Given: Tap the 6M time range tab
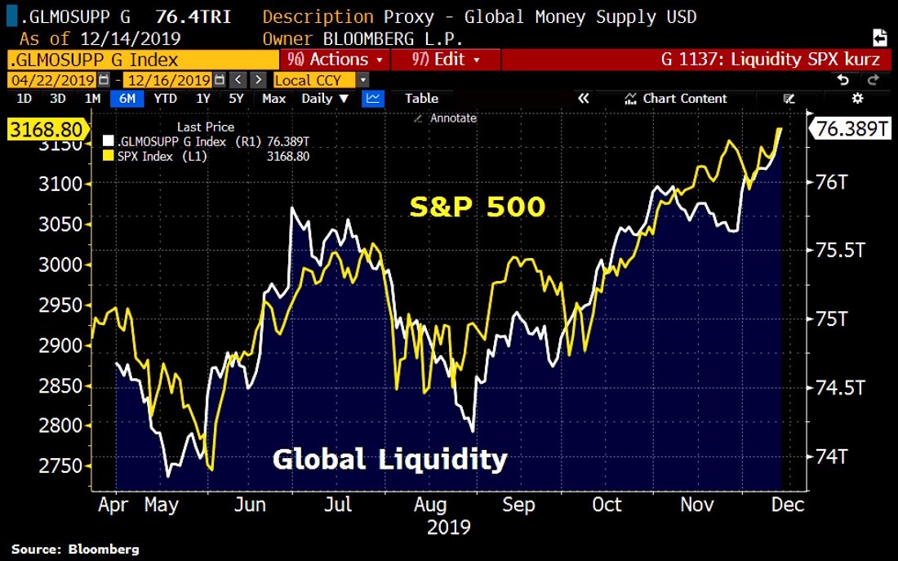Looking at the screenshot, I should coord(128,99).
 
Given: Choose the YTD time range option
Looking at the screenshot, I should coord(165,99).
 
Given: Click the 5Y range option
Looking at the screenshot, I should coord(236,99).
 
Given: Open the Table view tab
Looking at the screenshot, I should coord(421,99).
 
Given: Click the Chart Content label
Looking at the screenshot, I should coord(684,99).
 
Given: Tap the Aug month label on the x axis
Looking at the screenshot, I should coord(430,505).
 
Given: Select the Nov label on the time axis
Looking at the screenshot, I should coord(697,505).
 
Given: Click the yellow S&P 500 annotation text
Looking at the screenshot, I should coord(477,207).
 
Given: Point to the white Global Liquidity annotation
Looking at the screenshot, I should coord(389,459).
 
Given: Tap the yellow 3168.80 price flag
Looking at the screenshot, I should coord(45,130).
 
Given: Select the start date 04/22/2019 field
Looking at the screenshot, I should coord(52,80).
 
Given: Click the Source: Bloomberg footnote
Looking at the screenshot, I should coord(75,549).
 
